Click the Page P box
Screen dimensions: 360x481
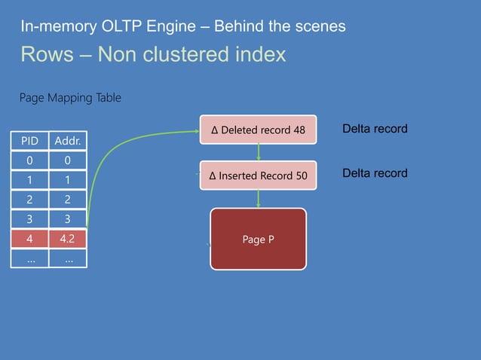(258, 239)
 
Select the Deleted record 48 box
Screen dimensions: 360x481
(259, 130)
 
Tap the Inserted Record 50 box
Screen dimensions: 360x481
(259, 175)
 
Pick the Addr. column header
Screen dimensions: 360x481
(68, 141)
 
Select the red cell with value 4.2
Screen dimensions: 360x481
(68, 239)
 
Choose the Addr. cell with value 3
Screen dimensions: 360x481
(68, 220)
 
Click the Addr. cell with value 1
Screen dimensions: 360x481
(68, 181)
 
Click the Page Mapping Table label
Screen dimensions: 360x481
(69, 98)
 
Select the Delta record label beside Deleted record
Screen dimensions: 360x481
(375, 129)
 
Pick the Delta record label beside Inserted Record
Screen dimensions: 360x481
(375, 173)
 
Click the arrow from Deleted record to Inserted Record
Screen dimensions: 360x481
(259, 152)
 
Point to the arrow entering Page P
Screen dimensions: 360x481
(259, 198)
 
